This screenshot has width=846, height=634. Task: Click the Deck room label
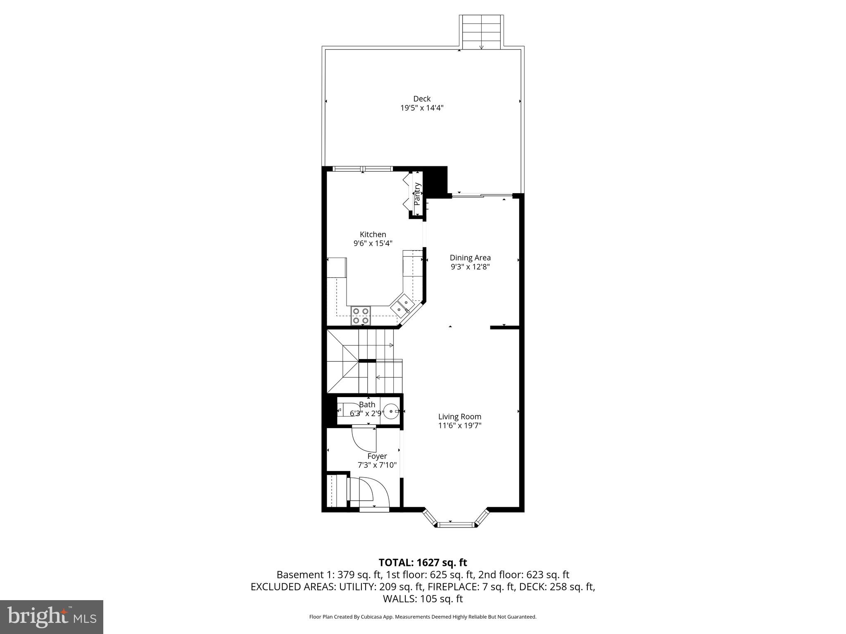tap(422, 99)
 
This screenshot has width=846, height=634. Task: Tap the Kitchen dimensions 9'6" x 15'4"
tap(373, 244)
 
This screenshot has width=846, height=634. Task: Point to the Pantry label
tap(417, 194)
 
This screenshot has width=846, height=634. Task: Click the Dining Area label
tap(470, 258)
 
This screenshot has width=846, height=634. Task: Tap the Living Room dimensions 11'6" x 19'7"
tap(460, 426)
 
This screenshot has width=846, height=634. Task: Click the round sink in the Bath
tap(391, 412)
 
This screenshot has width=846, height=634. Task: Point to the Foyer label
tap(377, 456)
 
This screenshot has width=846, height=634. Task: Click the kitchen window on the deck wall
tap(362, 168)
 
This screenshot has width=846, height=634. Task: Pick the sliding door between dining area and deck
tap(482, 195)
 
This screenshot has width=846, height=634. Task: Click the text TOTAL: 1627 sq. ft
tap(423, 562)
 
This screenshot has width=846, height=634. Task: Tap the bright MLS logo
tap(52, 617)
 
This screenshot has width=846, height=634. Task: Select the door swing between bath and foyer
tap(364, 441)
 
